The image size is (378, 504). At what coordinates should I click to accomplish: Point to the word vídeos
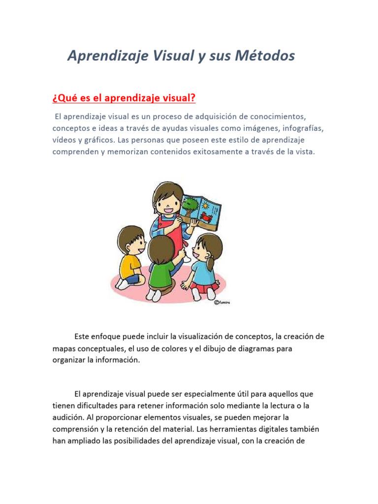point(65,140)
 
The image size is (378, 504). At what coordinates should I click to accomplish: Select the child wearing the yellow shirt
point(129,256)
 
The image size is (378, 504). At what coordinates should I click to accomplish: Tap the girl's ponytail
point(211,264)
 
